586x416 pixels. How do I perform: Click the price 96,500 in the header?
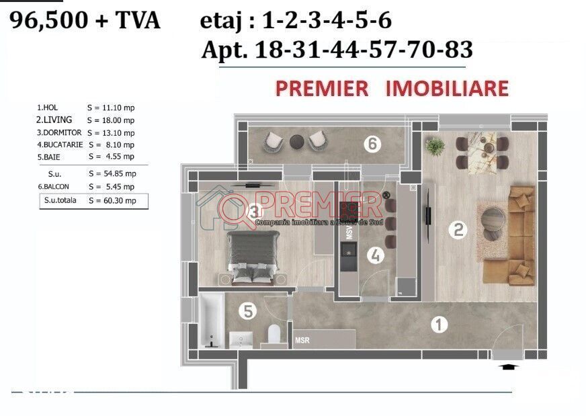(x=49, y=21)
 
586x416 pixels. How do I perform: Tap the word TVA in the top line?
(x=135, y=21)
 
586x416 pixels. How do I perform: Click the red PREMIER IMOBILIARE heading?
(x=391, y=88)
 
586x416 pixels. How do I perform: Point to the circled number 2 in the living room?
(x=458, y=231)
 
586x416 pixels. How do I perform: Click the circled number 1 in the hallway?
(x=438, y=326)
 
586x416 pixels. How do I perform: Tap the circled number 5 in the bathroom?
(x=248, y=311)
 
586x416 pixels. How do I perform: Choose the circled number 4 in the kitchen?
(x=376, y=255)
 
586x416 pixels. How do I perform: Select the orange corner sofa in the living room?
(x=521, y=235)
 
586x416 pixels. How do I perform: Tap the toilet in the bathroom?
(x=274, y=334)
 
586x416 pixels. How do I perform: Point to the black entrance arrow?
(x=509, y=367)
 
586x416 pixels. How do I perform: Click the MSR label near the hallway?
(x=302, y=341)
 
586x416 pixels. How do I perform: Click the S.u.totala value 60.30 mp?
(x=112, y=200)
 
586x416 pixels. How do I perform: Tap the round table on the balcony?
(x=296, y=142)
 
